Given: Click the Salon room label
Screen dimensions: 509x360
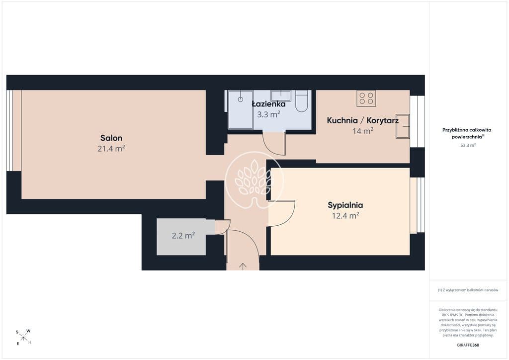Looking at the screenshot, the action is [x=111, y=138].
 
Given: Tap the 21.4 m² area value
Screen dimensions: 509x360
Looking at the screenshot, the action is [x=111, y=149].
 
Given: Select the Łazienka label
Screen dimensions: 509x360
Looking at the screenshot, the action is [x=269, y=104].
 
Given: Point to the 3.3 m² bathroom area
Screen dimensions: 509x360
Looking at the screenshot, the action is [x=268, y=114].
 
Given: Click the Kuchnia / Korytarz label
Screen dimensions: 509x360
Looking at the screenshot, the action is [x=362, y=120].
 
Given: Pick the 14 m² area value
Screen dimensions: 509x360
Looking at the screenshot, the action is [x=362, y=131].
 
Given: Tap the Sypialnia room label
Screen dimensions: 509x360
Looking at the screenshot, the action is [x=345, y=205].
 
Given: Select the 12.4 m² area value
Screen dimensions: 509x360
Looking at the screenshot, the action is [x=345, y=215].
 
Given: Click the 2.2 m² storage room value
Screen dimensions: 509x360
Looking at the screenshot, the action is [x=183, y=235].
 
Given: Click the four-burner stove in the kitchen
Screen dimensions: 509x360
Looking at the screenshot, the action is [x=366, y=98].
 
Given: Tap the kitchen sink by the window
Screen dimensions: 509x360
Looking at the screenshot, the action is [x=403, y=126].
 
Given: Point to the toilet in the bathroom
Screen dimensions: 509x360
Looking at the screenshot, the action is [x=302, y=101].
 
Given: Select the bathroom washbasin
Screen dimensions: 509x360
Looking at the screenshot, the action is [x=281, y=95].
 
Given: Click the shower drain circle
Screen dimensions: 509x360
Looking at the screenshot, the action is [x=240, y=99].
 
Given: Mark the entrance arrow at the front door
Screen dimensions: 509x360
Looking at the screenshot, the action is [x=243, y=266].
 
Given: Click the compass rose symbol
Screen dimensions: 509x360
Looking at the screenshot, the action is [x=23, y=337].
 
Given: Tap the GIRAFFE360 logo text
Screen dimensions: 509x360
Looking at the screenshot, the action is [x=468, y=345].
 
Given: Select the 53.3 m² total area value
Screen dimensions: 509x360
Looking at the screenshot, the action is [x=468, y=145].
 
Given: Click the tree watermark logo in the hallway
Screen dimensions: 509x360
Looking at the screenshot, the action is [x=254, y=180].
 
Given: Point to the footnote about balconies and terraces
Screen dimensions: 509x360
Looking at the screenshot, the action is [x=468, y=290].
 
